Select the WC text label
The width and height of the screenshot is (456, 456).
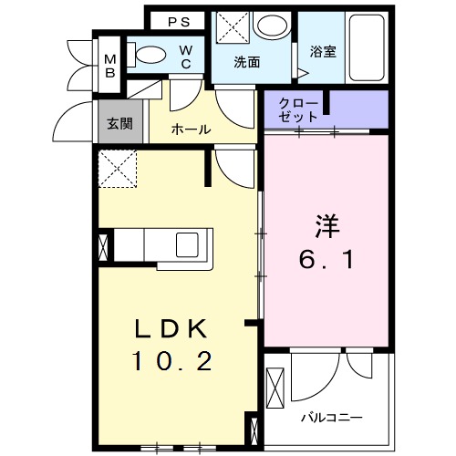185,57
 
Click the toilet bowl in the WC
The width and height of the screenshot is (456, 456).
150,55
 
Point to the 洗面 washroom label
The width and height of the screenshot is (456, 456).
247,63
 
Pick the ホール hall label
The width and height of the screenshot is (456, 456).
192,130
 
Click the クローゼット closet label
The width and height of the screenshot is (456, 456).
301,109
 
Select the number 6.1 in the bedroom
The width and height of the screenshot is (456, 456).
326,259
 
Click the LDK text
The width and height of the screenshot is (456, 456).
173,329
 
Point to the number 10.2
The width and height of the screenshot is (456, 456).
173,362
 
